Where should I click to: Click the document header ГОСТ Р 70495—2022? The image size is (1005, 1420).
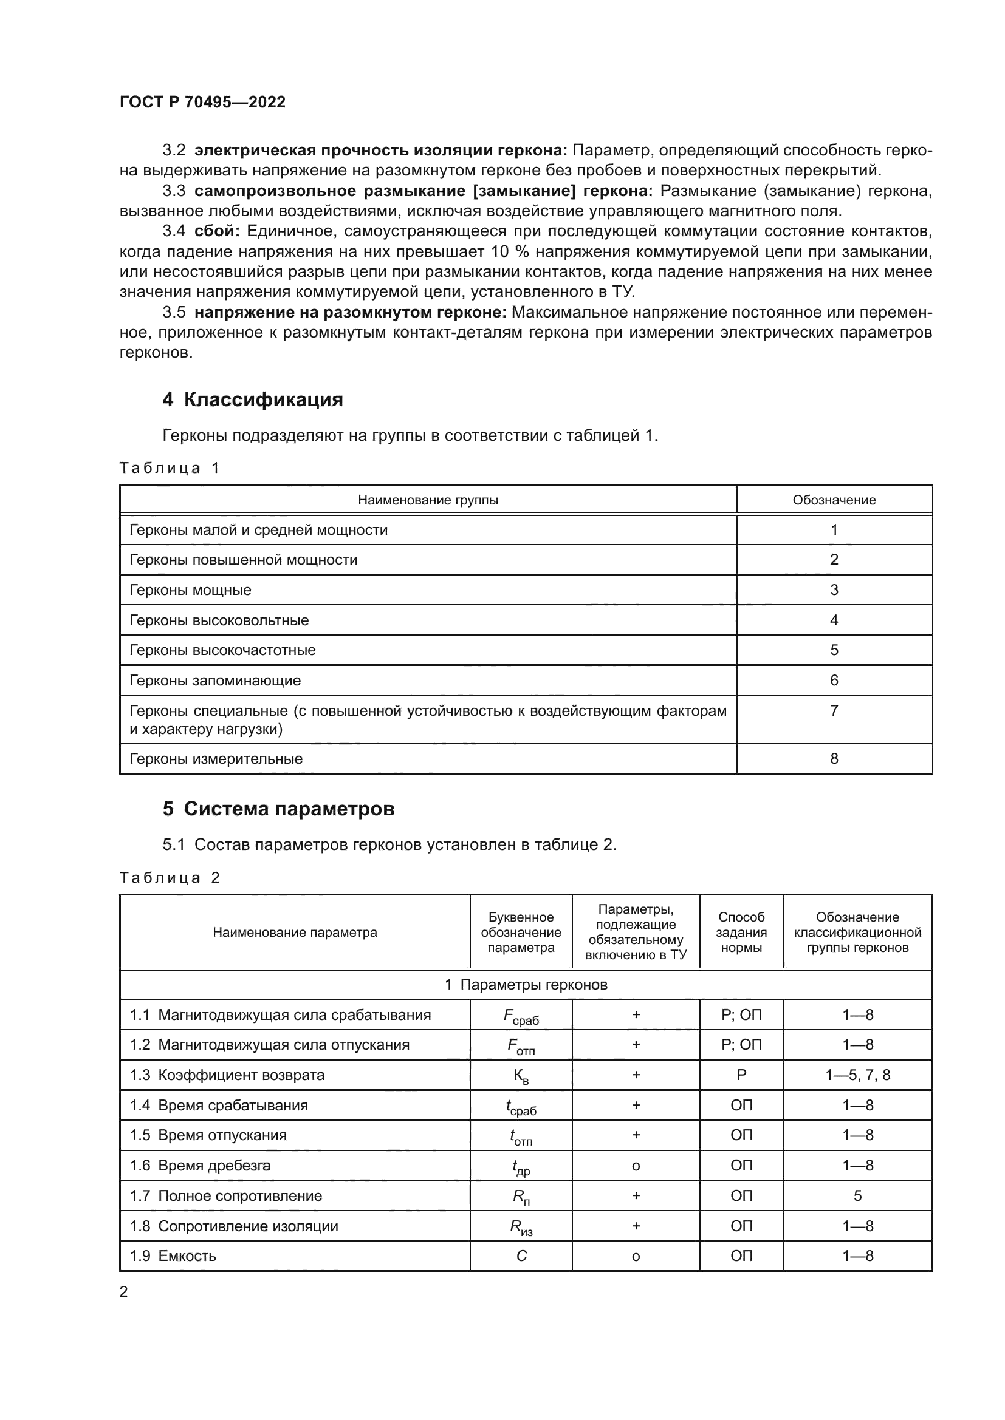click(202, 102)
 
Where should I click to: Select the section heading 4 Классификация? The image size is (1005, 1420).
click(253, 399)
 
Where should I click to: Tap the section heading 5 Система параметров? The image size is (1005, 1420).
click(278, 809)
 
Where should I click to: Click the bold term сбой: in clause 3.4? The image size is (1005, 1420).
click(216, 231)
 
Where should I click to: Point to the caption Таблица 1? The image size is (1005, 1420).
click(170, 468)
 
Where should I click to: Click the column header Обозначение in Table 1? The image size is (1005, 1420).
click(834, 500)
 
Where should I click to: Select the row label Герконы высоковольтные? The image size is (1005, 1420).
click(219, 620)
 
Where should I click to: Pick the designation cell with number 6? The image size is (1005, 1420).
click(834, 681)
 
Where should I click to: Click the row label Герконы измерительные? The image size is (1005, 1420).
click(216, 759)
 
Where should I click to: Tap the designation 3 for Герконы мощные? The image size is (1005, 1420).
click(834, 590)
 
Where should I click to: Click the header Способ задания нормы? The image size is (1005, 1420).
click(741, 932)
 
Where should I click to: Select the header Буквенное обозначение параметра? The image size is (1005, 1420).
click(521, 932)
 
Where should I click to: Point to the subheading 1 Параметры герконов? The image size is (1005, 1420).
click(526, 985)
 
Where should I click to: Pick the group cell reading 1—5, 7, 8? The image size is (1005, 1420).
click(857, 1075)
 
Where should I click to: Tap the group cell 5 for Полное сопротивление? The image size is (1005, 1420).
click(857, 1195)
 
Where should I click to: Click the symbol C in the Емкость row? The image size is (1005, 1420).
click(521, 1256)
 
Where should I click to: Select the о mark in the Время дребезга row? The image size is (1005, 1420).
click(636, 1166)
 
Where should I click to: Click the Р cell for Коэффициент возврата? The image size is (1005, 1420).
click(741, 1075)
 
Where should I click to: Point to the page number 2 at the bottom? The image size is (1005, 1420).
click(124, 1291)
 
